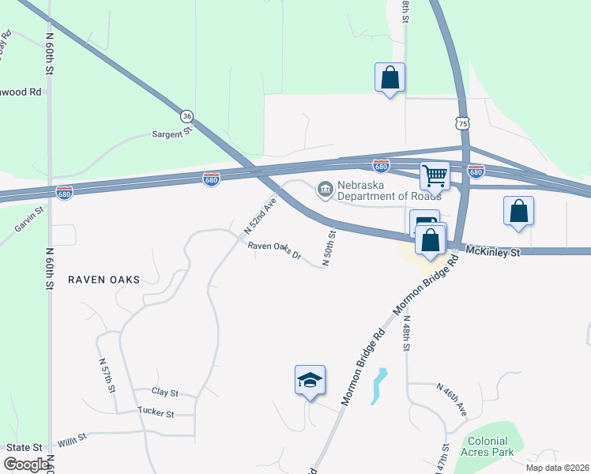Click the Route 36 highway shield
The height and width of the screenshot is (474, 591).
(186, 115)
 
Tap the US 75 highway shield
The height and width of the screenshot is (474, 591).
(463, 123)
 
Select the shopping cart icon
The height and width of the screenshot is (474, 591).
(434, 175)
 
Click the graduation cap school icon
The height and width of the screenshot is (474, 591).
(310, 380)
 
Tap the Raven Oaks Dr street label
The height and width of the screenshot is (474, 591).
(275, 250)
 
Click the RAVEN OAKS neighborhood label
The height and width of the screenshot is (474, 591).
(104, 280)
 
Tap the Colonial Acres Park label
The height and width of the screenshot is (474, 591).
(491, 447)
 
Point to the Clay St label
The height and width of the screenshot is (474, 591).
(166, 392)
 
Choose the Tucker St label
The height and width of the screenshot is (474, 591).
(155, 411)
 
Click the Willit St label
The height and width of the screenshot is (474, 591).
(71, 438)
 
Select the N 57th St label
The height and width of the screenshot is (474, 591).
(108, 376)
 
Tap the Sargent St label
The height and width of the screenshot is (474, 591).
(173, 134)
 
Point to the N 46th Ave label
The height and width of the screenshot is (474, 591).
(452, 400)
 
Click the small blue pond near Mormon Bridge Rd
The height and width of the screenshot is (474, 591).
(379, 386)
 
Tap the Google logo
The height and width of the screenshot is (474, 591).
(26, 465)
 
